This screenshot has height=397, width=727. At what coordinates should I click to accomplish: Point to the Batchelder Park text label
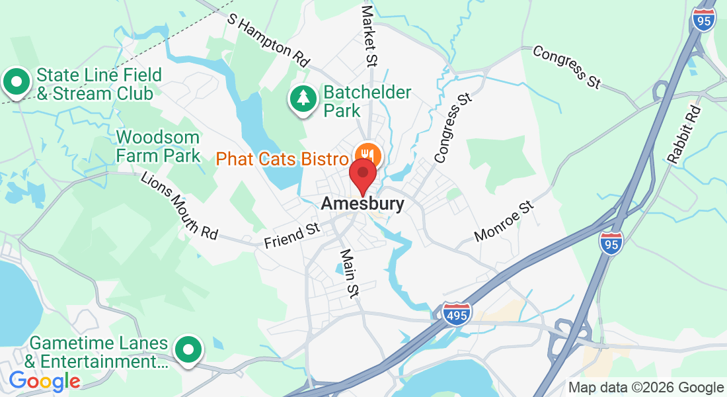click(367, 101)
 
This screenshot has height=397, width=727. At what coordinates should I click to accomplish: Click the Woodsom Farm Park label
click(158, 146)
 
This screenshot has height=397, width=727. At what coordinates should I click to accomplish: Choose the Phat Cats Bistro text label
click(282, 159)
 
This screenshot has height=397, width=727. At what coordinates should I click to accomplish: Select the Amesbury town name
click(362, 204)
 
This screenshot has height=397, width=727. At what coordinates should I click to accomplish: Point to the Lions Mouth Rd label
click(179, 205)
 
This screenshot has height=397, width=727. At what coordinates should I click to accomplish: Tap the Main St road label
click(348, 272)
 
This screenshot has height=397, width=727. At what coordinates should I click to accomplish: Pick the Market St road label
click(369, 36)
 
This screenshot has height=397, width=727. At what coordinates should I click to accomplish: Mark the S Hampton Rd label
click(268, 40)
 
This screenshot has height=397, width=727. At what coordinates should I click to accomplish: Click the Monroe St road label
click(504, 222)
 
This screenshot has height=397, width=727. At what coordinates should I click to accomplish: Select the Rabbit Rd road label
click(683, 134)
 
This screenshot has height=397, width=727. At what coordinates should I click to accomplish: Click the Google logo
click(44, 381)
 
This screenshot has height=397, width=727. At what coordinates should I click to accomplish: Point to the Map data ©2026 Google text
click(646, 388)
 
